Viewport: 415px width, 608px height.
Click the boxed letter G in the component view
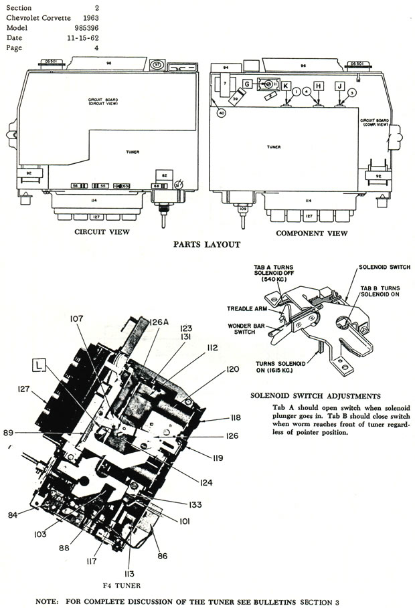[x=247, y=84]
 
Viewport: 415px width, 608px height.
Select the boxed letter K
[x=286, y=86]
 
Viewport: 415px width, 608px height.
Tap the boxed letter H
[x=319, y=86]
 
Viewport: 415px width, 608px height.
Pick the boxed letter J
[x=340, y=86]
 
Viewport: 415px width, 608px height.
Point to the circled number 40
[x=222, y=113]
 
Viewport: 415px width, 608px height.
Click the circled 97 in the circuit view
[x=157, y=65]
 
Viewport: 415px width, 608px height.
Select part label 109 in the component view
[x=243, y=209]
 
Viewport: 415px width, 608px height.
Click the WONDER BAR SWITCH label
[x=243, y=330]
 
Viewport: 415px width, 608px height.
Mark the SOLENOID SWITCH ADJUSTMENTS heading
[x=315, y=395]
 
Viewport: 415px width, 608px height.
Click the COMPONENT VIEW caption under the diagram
[x=312, y=233]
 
